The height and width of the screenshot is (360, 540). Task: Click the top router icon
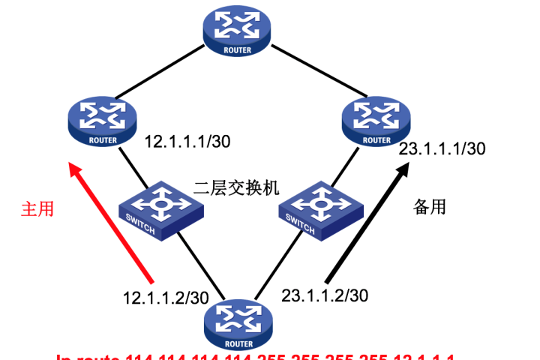pos(237,31)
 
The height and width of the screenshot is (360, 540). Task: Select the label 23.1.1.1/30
pos(442,148)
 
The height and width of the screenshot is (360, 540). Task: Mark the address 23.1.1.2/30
pos(325,295)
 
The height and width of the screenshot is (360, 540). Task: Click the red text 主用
pos(37,208)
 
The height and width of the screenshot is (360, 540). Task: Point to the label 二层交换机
pos(235,188)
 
